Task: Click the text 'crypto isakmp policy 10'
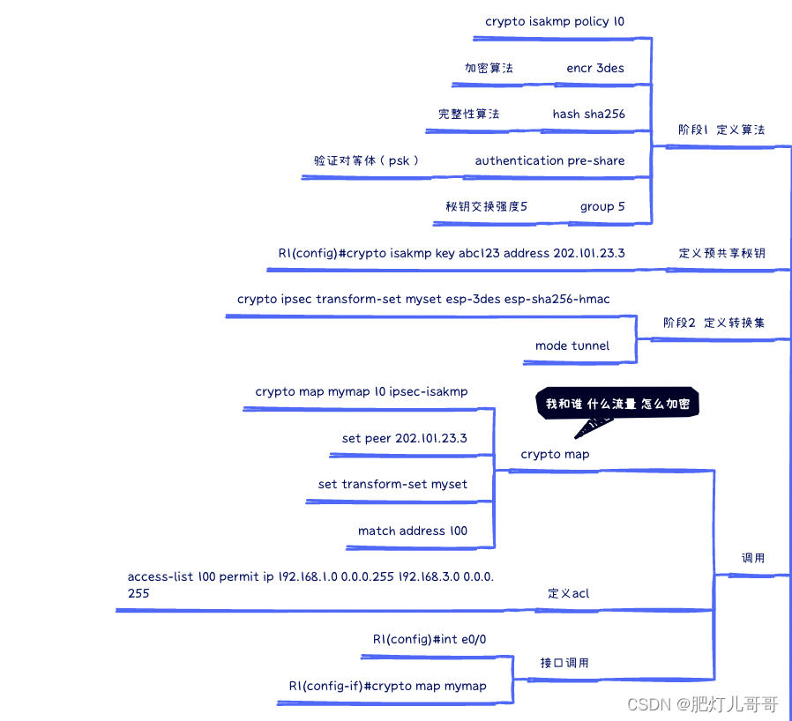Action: click(x=555, y=21)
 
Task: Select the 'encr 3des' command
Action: click(x=595, y=68)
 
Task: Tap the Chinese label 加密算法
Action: click(x=489, y=68)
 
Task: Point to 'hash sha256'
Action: click(x=588, y=114)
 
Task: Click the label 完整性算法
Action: click(x=468, y=114)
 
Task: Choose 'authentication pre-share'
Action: click(x=549, y=160)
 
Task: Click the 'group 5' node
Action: click(x=602, y=206)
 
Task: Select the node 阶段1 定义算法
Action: click(x=721, y=130)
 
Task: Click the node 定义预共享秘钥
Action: click(x=721, y=253)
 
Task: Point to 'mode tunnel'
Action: click(x=572, y=346)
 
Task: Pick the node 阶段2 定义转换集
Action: click(x=714, y=323)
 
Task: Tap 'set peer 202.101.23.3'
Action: click(x=404, y=438)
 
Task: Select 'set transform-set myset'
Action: click(x=392, y=484)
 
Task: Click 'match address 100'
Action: click(x=412, y=531)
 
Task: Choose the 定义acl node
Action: click(x=568, y=593)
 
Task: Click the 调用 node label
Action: click(x=752, y=558)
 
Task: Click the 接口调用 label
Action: click(x=564, y=663)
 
